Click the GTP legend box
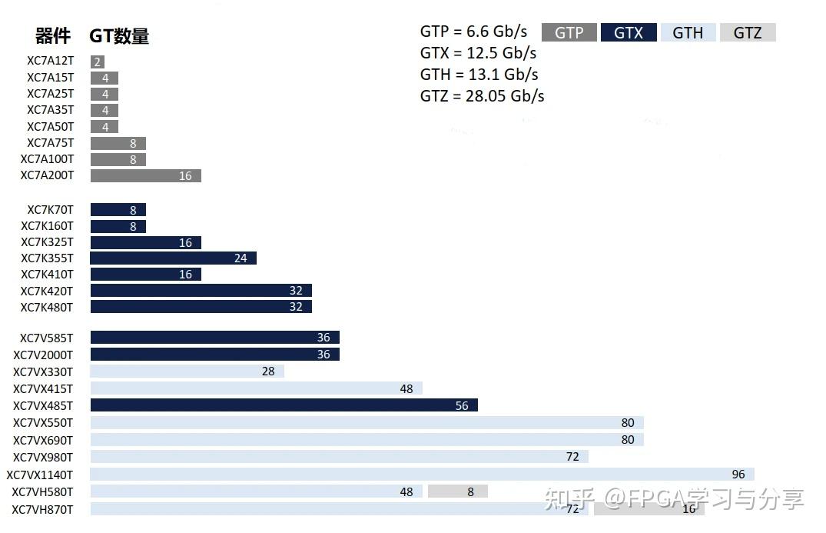[x=569, y=32]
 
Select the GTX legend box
[x=629, y=32]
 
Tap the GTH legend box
[x=688, y=32]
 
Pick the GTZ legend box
[x=747, y=32]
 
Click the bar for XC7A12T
[x=97, y=62]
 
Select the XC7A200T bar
[x=145, y=176]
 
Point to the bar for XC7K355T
[x=173, y=258]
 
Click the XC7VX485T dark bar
[x=284, y=405]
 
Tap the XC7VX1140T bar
[x=422, y=475]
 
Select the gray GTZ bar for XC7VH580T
[x=457, y=491]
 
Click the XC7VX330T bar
[x=187, y=371]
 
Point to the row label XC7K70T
[x=50, y=210]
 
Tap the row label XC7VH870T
[x=42, y=509]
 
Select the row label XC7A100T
[x=47, y=159]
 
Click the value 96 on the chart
[x=738, y=475]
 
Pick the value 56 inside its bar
[x=462, y=405]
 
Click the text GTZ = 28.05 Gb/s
[x=482, y=96]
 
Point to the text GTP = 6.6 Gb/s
[x=473, y=32]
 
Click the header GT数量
[x=119, y=36]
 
